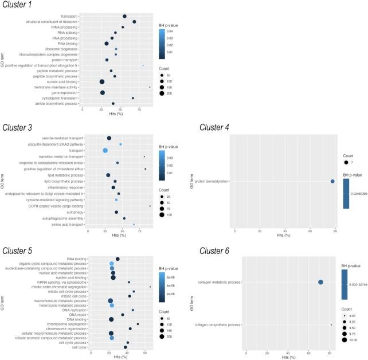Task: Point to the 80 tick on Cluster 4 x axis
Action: [335, 230]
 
